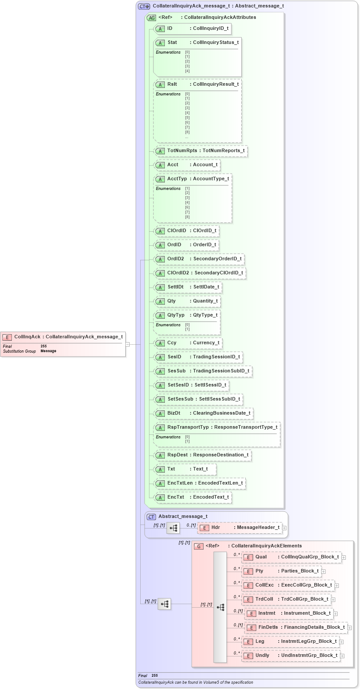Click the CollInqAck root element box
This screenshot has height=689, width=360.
[x=63, y=337]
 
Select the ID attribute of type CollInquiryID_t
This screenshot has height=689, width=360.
[x=193, y=29]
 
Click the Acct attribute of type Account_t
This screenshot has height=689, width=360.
[x=187, y=165]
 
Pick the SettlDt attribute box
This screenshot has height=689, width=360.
[x=187, y=287]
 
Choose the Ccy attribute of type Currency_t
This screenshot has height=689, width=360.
[x=188, y=343]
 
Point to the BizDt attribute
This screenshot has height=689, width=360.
[x=204, y=413]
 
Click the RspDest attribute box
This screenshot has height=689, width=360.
[x=203, y=455]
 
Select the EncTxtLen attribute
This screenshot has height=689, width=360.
[x=200, y=483]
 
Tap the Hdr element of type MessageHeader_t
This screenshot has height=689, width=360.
[x=240, y=528]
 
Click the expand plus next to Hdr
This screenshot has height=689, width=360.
[x=285, y=528]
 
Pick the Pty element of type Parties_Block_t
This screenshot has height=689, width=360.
[x=281, y=571]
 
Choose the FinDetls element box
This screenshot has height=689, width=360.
[x=296, y=627]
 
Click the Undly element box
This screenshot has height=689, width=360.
[x=291, y=656]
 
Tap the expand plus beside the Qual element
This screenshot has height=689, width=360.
[x=344, y=558]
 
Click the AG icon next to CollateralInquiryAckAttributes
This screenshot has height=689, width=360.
[x=151, y=18]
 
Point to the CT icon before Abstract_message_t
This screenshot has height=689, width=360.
[x=151, y=517]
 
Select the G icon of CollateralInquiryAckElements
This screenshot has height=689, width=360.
[x=199, y=547]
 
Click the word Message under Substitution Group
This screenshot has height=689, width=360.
[x=48, y=351]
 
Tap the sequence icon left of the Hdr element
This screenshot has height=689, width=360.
[x=173, y=528]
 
